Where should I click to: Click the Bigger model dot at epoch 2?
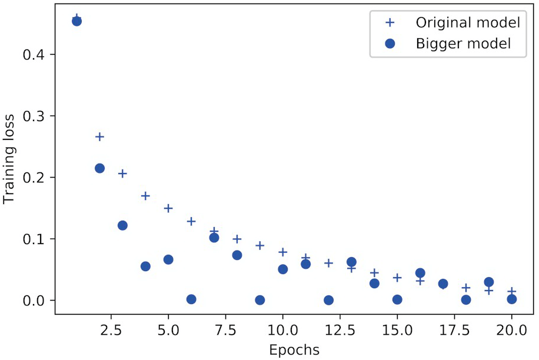[99, 168]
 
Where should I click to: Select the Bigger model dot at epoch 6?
[191, 299]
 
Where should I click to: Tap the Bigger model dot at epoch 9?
[259, 300]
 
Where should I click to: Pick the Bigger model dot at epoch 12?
[328, 300]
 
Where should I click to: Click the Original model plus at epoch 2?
[99, 137]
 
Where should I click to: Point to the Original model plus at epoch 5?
[168, 208]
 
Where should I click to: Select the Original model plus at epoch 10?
[282, 252]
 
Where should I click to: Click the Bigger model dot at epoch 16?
[420, 273]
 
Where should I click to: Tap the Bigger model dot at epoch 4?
[145, 266]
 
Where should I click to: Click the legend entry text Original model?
[467, 23]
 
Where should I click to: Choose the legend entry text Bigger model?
[463, 43]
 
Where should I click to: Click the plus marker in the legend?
[389, 23]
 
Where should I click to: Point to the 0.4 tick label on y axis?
[34, 55]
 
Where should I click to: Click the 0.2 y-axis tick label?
[34, 178]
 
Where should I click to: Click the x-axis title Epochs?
[294, 349]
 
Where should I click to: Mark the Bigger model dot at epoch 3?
[122, 225]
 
